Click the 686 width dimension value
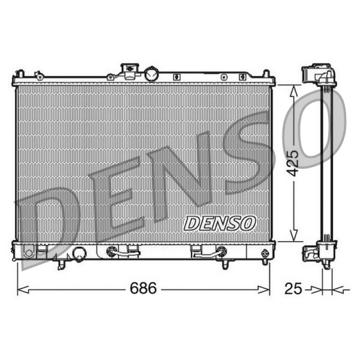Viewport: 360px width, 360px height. (x=143, y=288)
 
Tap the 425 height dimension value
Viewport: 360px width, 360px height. (x=293, y=163)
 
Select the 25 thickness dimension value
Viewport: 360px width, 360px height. (x=293, y=288)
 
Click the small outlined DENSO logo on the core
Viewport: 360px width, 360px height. (x=220, y=223)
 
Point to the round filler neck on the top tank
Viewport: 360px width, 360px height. (x=151, y=74)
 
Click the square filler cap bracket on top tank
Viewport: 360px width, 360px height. (x=130, y=71)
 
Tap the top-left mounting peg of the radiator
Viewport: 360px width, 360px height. (x=21, y=74)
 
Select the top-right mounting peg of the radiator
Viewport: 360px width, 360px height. (x=266, y=74)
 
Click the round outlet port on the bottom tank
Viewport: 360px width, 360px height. (x=79, y=254)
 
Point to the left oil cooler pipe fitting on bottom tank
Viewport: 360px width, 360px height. (x=112, y=252)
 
